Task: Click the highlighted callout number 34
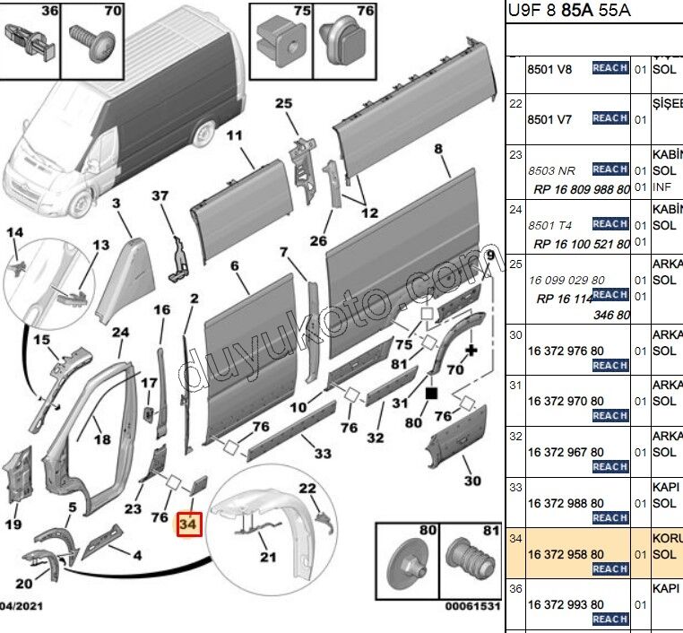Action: pyautogui.click(x=189, y=522)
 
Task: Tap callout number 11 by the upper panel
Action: pyautogui.click(x=234, y=136)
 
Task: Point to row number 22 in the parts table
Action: pyautogui.click(x=515, y=104)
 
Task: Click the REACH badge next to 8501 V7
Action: pyautogui.click(x=610, y=118)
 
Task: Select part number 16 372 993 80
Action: pyautogui.click(x=565, y=604)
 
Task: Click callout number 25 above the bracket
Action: pyautogui.click(x=283, y=104)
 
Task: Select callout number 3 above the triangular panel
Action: pyautogui.click(x=117, y=204)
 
